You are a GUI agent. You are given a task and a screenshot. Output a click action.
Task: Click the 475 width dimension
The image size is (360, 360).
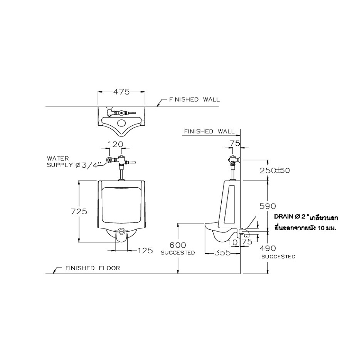(121, 92)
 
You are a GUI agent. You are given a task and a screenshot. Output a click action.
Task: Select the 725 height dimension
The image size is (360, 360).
(79, 211)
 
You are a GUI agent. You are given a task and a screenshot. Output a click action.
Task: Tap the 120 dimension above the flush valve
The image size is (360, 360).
(116, 144)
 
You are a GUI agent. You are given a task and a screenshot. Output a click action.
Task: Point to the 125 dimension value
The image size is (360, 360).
(145, 251)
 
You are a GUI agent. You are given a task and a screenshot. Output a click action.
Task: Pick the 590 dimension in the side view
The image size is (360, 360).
(267, 206)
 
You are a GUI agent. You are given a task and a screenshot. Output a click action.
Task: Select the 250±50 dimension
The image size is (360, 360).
(274, 170)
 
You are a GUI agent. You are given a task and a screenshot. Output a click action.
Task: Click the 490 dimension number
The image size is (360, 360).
(267, 248)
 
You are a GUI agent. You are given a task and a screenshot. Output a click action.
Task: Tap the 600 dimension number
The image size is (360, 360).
(178, 245)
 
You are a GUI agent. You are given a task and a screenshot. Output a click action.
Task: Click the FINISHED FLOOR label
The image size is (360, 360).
(93, 268)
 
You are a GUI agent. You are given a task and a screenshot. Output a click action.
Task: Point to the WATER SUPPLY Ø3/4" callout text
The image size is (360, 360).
(74, 161)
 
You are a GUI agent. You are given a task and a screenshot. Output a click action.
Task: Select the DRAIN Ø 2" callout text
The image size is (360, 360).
(290, 217)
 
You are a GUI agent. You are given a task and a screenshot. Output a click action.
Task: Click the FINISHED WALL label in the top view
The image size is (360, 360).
(194, 100)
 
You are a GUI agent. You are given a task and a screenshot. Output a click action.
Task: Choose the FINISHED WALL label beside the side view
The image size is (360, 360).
(209, 131)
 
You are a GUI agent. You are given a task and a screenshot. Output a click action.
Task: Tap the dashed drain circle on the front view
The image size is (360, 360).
(122, 232)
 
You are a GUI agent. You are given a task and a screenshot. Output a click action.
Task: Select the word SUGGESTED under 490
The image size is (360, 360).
(278, 257)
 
